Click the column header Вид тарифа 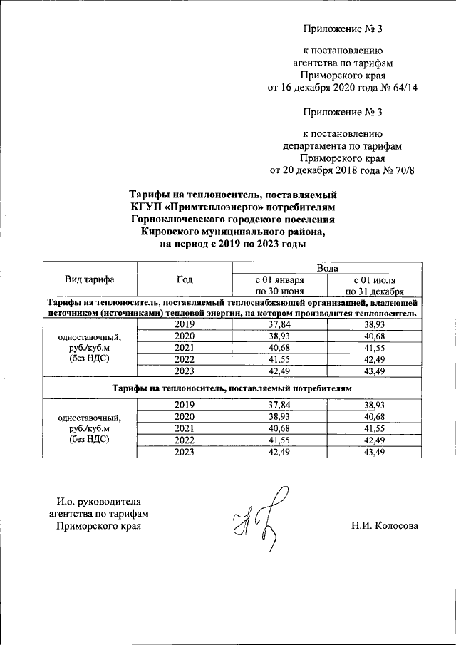click(x=90, y=279)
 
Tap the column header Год click(x=185, y=279)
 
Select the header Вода click(x=327, y=267)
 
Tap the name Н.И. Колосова click(x=383, y=526)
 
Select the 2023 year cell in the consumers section click(x=185, y=451)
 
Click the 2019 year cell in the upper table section click(x=185, y=324)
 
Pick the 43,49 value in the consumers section click(x=375, y=451)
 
